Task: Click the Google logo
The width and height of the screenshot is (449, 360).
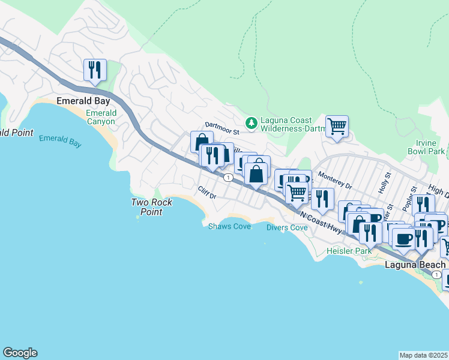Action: tap(20, 353)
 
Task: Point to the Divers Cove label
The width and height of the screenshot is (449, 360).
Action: tap(287, 227)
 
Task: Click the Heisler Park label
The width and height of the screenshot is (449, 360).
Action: tap(345, 250)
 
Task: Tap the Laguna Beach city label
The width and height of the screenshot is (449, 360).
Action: tap(415, 265)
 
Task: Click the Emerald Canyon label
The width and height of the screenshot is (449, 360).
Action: tap(101, 117)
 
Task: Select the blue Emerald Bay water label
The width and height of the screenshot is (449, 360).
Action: tap(59, 140)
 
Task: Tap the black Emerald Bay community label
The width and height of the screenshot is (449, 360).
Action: tap(82, 101)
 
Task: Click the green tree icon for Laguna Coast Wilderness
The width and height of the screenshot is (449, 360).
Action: tap(252, 122)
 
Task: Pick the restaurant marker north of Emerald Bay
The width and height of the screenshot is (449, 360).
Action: tap(95, 70)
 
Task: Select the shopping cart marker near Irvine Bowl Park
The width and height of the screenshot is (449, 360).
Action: tap(337, 127)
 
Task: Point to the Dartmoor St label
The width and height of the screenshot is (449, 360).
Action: tap(222, 125)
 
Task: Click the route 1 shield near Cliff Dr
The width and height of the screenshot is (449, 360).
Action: tap(228, 178)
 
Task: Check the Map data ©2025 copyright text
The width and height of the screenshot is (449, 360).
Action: tap(424, 355)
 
